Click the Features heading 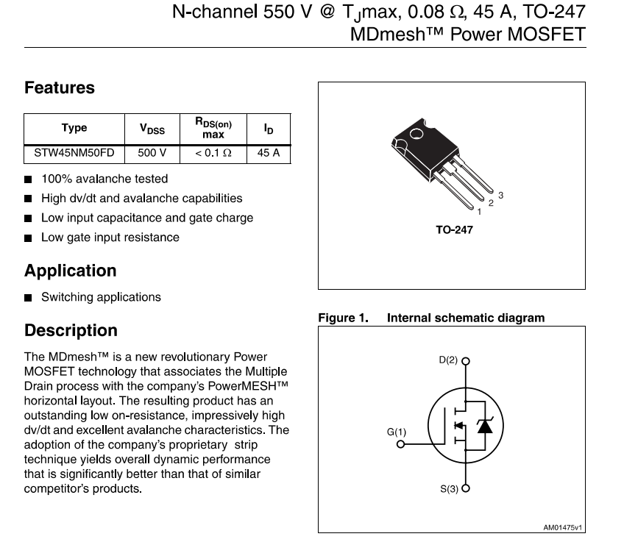tap(60, 88)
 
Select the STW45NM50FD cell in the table tap(74, 154)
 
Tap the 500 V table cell tap(152, 154)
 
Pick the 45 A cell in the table tap(269, 154)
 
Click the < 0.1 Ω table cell tap(213, 154)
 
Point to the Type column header tap(74, 128)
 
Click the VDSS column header tap(152, 129)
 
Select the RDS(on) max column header tap(213, 129)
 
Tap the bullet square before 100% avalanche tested tap(28, 179)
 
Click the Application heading tap(71, 271)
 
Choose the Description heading tap(71, 330)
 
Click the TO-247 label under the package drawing tap(454, 230)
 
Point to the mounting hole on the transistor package tap(416, 135)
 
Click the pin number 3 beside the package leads tap(500, 195)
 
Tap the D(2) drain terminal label tap(447, 360)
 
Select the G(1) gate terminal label tap(396, 432)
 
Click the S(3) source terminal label tap(449, 488)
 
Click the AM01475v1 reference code tap(562, 527)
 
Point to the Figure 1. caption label tap(342, 318)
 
